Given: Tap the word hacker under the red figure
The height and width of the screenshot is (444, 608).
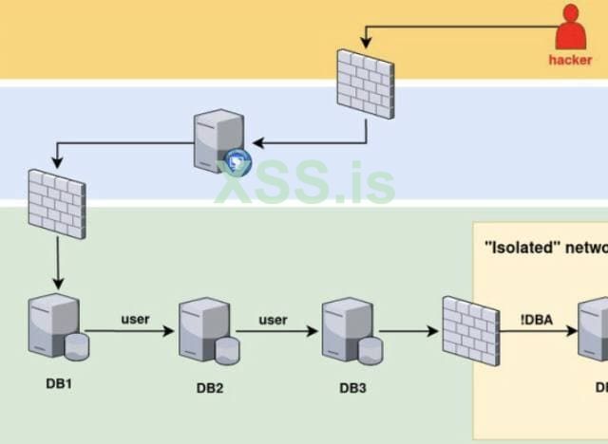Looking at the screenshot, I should pyautogui.click(x=570, y=59).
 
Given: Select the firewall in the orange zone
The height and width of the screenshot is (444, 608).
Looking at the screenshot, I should pyautogui.click(x=365, y=83).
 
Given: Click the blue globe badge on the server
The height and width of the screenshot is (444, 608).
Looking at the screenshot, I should pyautogui.click(x=237, y=161).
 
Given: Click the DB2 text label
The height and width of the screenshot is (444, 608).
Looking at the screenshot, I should pyautogui.click(x=210, y=387).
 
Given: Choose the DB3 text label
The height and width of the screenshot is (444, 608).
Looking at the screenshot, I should pyautogui.click(x=352, y=387).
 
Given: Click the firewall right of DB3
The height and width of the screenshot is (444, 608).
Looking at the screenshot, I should pyautogui.click(x=470, y=330).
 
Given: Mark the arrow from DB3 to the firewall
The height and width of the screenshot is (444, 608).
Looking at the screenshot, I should pyautogui.click(x=409, y=332).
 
